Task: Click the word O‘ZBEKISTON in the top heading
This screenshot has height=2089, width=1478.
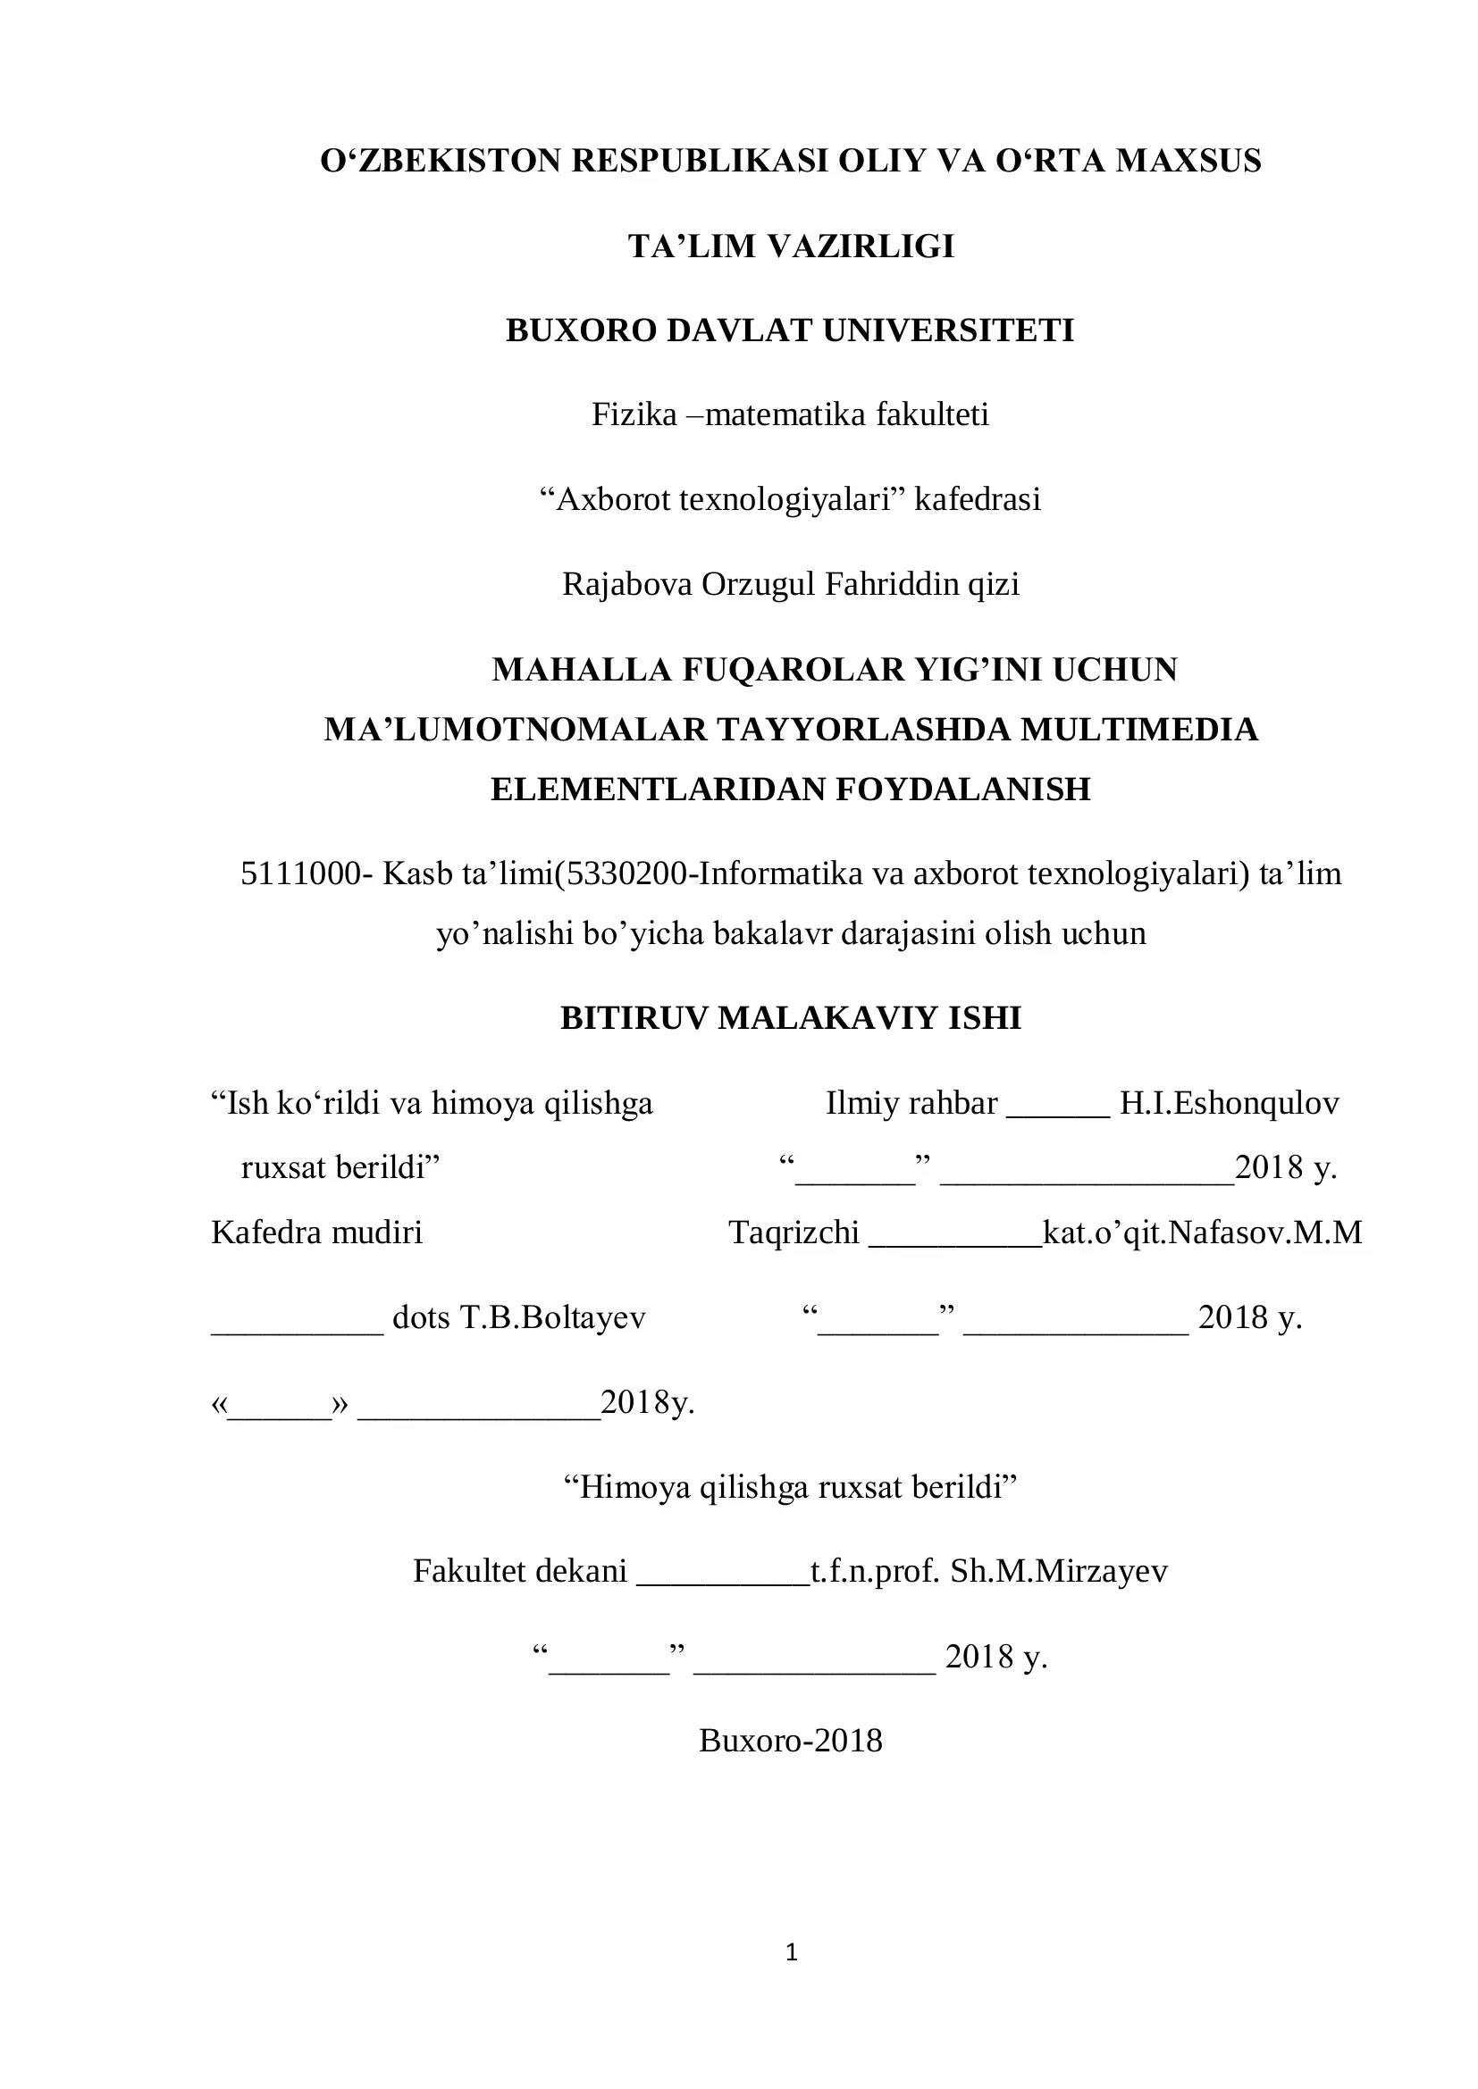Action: tap(441, 161)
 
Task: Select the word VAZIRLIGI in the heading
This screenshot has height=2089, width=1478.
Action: tap(860, 247)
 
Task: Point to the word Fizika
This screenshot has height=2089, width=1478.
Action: tap(634, 415)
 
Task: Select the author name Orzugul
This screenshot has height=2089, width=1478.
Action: tap(757, 584)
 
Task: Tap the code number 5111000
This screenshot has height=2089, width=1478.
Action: tap(299, 874)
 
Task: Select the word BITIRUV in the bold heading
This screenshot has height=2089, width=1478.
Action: tap(634, 1018)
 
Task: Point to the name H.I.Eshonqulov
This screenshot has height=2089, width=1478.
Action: tap(1229, 1104)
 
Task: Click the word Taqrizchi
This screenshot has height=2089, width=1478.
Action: tap(794, 1232)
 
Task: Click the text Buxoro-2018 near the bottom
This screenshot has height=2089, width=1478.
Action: tap(790, 1741)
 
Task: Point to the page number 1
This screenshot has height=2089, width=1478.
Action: tap(791, 1951)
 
